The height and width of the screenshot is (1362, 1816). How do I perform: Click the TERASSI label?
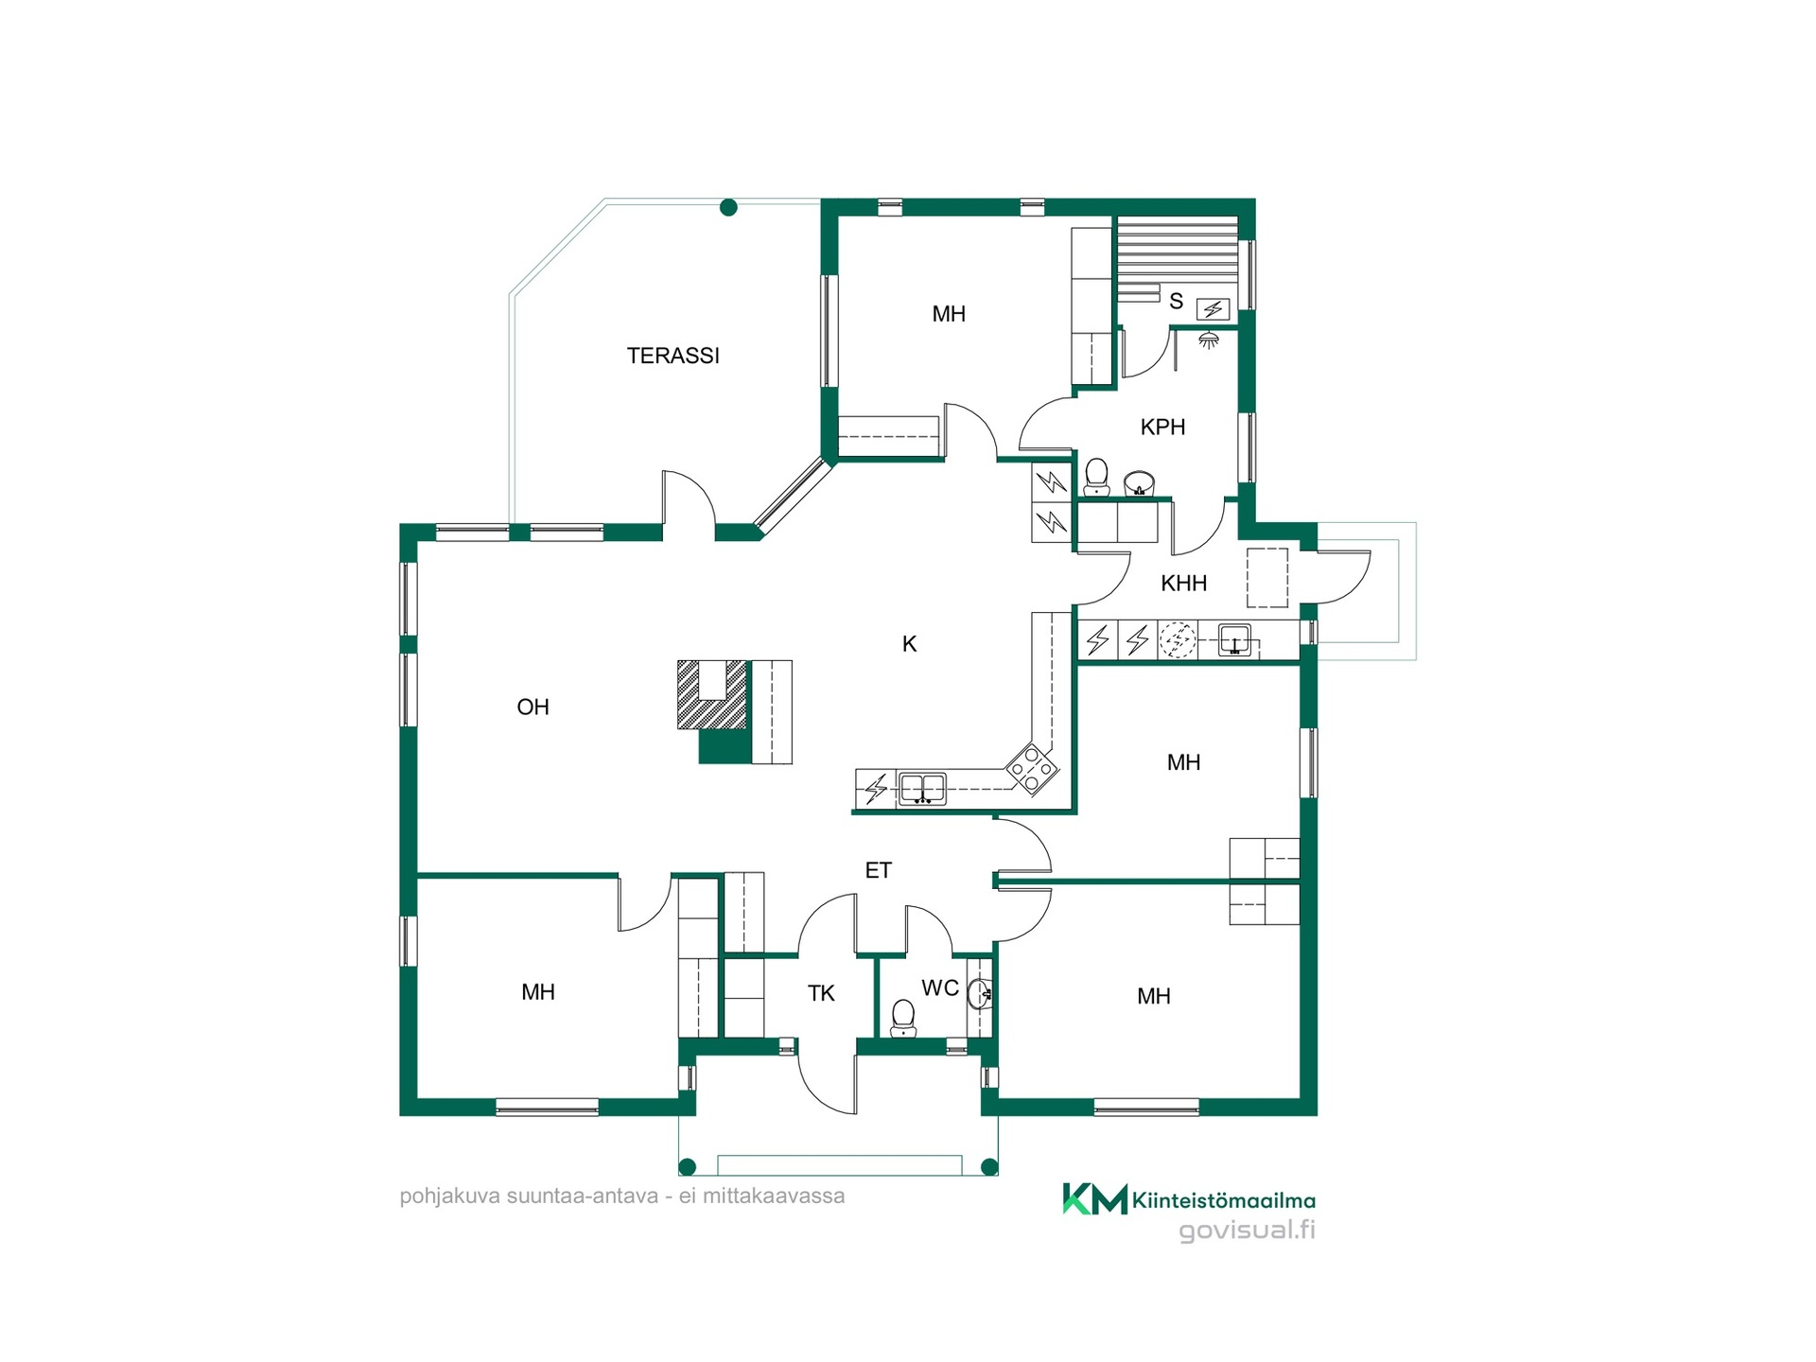[672, 356]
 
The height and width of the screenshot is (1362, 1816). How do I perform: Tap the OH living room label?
[533, 707]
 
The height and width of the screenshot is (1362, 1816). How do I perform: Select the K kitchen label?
[909, 644]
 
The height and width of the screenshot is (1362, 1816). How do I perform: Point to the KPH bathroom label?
[1162, 427]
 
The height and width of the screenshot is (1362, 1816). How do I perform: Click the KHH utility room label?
[1183, 584]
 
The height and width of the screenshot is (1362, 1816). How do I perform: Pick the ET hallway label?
[878, 870]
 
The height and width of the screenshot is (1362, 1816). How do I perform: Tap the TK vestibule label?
[821, 993]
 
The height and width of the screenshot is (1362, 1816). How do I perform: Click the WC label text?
[940, 988]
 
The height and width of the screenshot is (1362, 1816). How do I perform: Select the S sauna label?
[1176, 302]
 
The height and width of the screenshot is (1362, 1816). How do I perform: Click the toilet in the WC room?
[903, 1018]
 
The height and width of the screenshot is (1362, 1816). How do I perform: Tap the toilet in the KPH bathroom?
[1096, 477]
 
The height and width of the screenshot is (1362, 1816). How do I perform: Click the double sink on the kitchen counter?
[922, 788]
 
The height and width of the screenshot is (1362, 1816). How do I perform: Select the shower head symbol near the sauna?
[1208, 339]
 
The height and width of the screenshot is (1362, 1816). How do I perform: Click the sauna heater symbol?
[1214, 309]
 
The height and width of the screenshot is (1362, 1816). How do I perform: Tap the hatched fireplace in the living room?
[712, 695]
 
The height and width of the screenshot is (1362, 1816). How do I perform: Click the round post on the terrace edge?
[728, 207]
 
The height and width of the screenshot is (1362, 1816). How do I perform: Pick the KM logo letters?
[1095, 1198]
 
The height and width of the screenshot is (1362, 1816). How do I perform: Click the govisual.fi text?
[1247, 1231]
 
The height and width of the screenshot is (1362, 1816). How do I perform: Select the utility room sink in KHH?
[1234, 640]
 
